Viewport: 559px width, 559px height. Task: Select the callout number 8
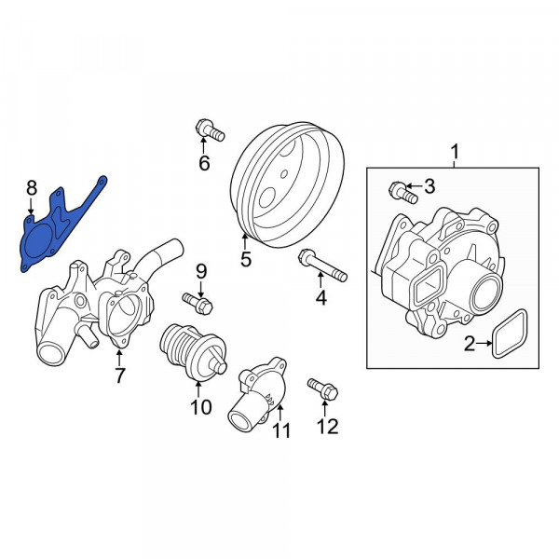tap(32, 187)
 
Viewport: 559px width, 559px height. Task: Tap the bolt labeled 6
tap(210, 130)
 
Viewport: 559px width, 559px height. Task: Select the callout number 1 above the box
tap(455, 152)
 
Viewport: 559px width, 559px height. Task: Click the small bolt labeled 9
tap(198, 303)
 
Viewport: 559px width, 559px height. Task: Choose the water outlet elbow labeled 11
tap(255, 394)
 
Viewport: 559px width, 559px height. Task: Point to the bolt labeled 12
tap(323, 389)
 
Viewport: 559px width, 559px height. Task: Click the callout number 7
tap(119, 375)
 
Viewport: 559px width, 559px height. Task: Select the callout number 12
tap(327, 426)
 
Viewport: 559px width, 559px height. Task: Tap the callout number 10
tap(201, 407)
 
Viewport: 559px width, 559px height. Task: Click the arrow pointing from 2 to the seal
tap(484, 343)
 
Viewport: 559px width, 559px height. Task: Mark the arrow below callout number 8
tap(32, 206)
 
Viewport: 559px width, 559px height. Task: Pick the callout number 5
tap(246, 259)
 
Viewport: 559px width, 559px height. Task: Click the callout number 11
tap(281, 430)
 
